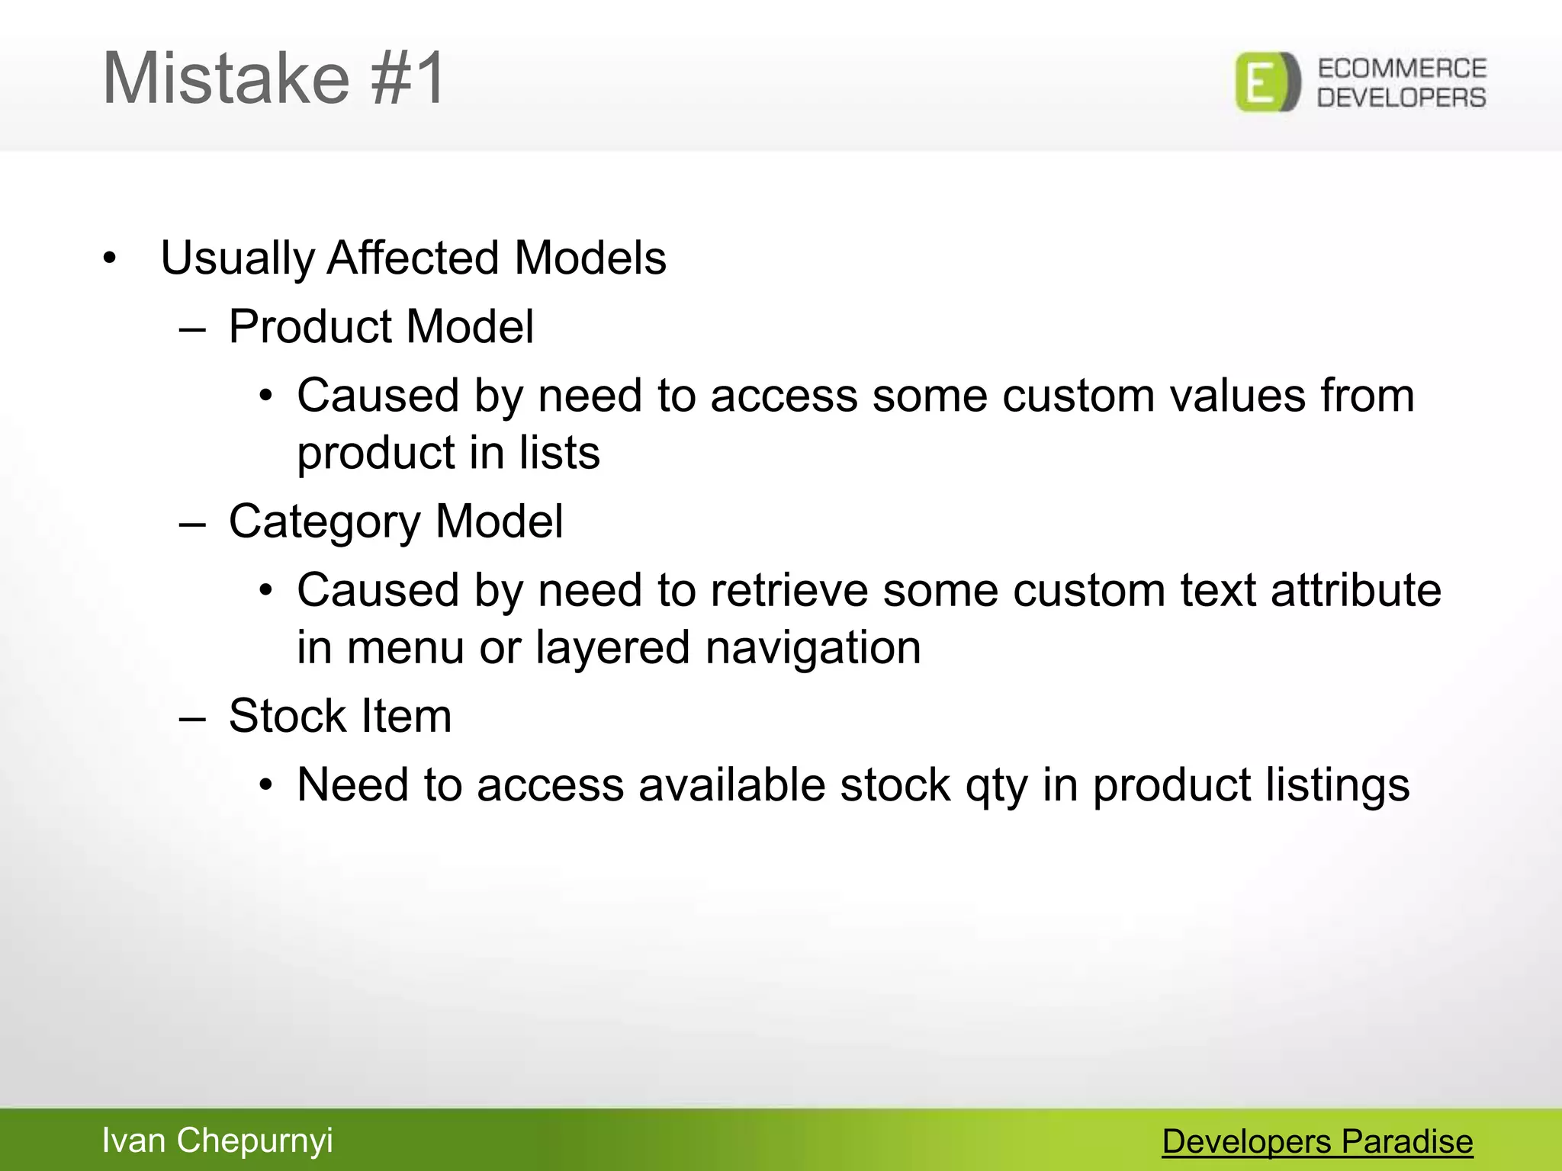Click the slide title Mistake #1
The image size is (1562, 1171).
tap(273, 79)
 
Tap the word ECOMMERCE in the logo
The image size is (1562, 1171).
tap(1401, 69)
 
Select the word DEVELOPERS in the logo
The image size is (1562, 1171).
tap(1401, 98)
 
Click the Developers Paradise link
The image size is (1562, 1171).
tap(1317, 1141)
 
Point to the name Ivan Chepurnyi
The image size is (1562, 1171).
tap(217, 1141)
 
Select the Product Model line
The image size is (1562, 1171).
tap(381, 327)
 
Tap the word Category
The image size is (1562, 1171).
tap(324, 522)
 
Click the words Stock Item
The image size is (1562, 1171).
tap(340, 717)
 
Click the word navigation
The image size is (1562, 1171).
tap(813, 648)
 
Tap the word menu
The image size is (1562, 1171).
tap(405, 648)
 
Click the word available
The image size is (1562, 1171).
tap(731, 785)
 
